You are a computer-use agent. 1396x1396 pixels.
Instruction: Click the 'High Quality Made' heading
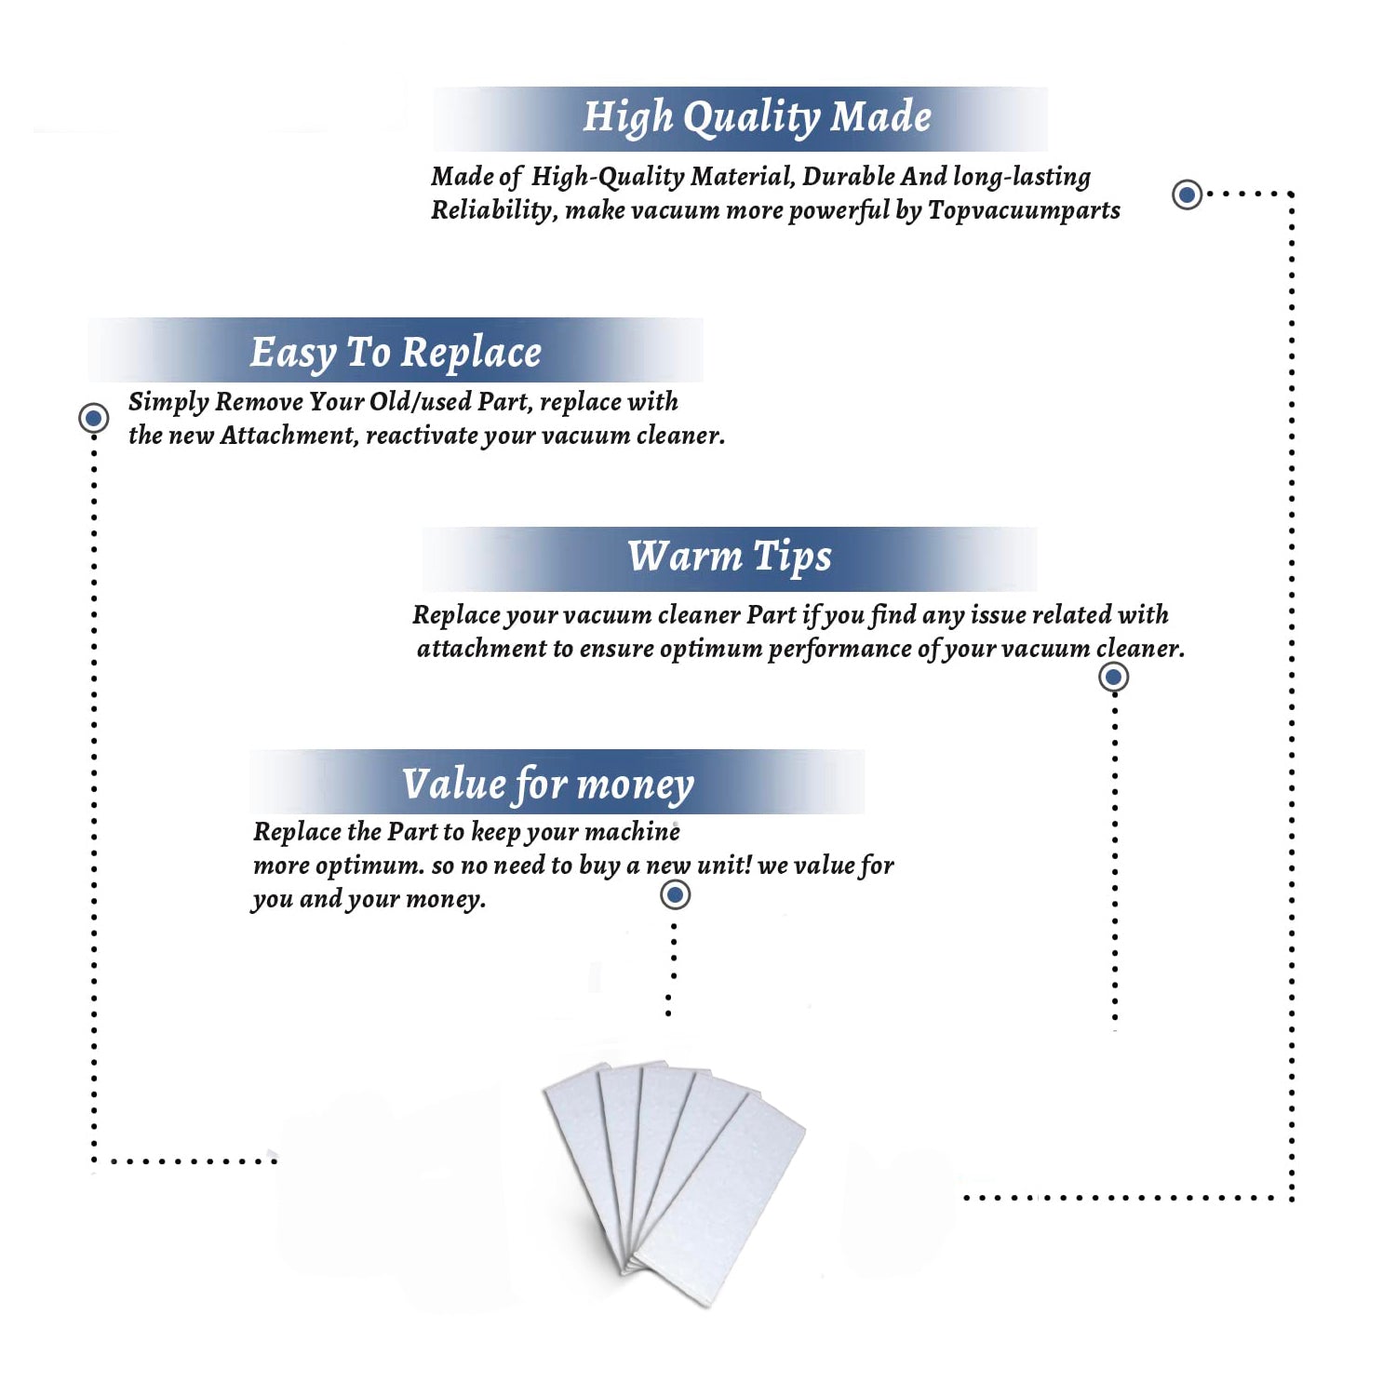click(x=757, y=118)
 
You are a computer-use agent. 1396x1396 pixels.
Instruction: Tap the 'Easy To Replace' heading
click(x=396, y=353)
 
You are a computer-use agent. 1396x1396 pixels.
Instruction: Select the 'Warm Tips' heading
click(x=730, y=557)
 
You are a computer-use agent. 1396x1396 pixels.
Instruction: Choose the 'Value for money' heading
click(x=548, y=784)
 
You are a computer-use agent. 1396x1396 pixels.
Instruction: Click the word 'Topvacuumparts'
click(x=1024, y=210)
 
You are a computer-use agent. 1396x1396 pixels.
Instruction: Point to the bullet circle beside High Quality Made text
click(x=1187, y=195)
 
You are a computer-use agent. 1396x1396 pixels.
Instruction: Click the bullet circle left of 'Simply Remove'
click(x=93, y=418)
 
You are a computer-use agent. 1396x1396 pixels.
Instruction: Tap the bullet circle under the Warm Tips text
click(x=1113, y=677)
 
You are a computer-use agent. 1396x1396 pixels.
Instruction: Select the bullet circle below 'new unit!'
click(x=675, y=895)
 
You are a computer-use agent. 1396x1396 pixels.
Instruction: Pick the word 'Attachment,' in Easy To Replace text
click(x=289, y=436)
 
